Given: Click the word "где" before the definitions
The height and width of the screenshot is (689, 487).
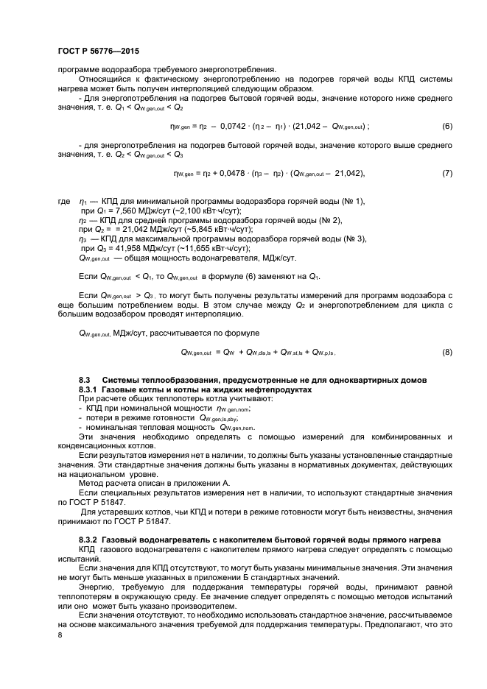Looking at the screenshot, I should click(x=63, y=200).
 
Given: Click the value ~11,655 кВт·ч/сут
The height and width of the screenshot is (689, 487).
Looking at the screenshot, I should click(x=195, y=248).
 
